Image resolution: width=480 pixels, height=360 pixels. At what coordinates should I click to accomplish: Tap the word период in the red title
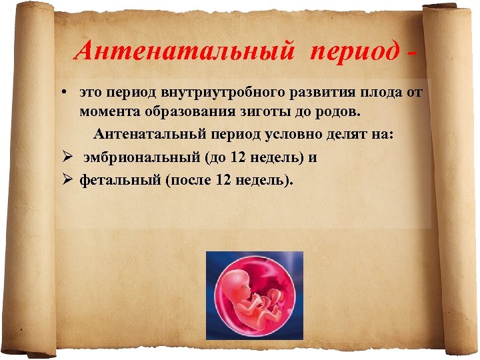pyautogui.click(x=353, y=51)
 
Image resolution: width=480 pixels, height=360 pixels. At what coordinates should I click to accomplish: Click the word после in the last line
pyautogui.click(x=184, y=179)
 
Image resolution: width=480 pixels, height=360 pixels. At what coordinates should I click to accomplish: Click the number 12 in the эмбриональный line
pyautogui.click(x=239, y=158)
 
